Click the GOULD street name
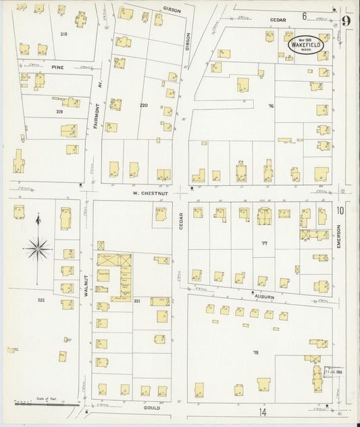151,408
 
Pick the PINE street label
57,68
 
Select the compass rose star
38,248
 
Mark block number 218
63,33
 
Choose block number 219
59,111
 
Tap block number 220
143,106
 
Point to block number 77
265,242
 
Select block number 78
255,353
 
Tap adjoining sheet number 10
340,211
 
